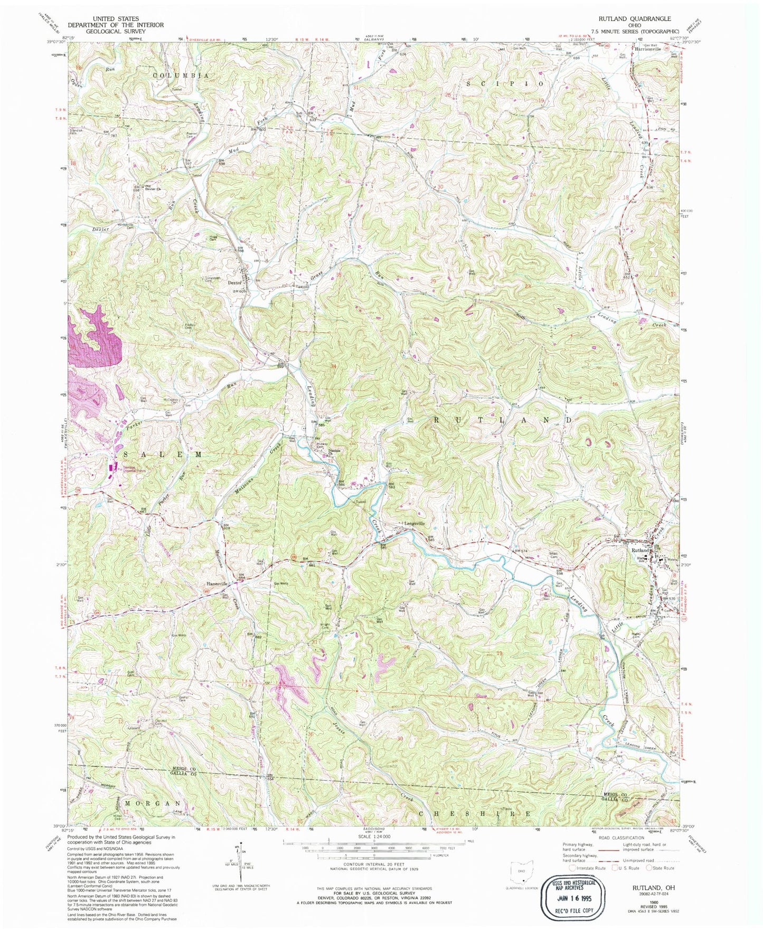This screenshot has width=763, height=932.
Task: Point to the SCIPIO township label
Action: (504, 83)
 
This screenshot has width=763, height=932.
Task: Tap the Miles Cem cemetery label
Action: (554, 554)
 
